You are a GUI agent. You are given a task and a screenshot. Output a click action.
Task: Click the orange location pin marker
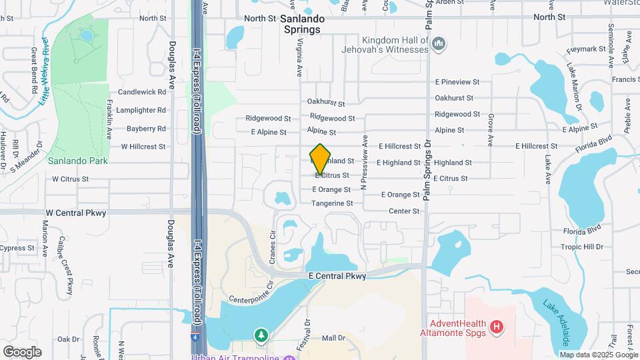tap(320, 159)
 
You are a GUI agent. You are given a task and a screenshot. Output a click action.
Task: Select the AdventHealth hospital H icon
tap(496, 327)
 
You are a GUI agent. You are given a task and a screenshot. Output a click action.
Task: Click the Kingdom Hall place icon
tap(439, 45)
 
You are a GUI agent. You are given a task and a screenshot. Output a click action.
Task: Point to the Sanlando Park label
tap(77, 161)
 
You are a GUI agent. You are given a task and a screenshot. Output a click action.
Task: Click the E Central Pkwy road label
tap(337, 276)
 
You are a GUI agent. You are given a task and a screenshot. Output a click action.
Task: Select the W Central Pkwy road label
tap(76, 213)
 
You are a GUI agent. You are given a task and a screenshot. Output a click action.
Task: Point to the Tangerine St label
tap(331, 203)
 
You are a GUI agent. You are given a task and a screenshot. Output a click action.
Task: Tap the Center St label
tap(405, 211)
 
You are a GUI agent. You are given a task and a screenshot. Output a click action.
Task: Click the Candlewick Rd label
tap(141, 92)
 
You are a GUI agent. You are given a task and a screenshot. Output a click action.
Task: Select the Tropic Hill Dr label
tap(581, 247)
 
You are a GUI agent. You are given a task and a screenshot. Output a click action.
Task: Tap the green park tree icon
tap(261, 334)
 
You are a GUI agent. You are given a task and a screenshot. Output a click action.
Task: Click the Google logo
tap(22, 351)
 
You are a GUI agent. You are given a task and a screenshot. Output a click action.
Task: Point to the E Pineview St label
tap(457, 82)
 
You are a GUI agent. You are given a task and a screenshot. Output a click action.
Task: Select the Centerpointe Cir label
tap(251, 291)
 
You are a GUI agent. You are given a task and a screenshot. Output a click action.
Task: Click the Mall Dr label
tap(333, 338)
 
